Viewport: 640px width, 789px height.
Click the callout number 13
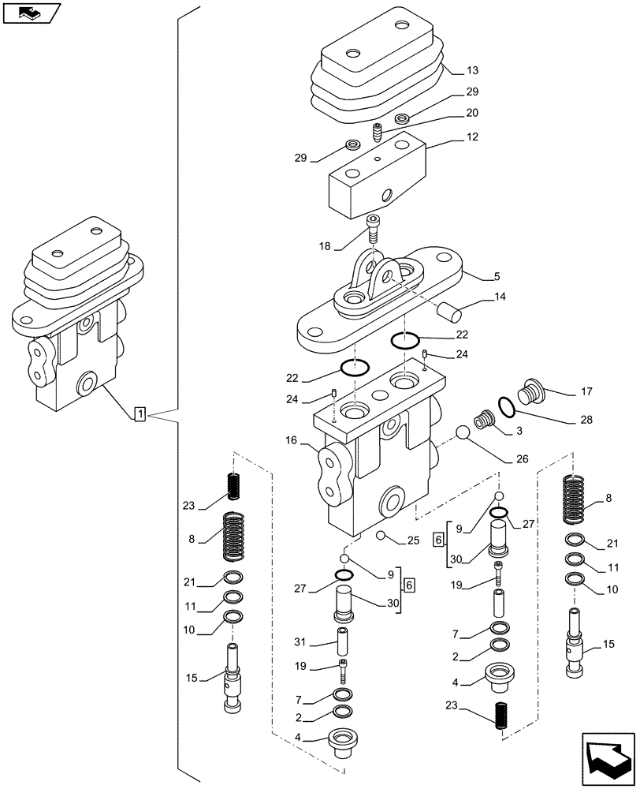coord(471,70)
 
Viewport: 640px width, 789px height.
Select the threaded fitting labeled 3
coord(482,421)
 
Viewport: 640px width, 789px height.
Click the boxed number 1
coord(140,413)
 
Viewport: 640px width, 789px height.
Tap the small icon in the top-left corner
coord(31,13)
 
